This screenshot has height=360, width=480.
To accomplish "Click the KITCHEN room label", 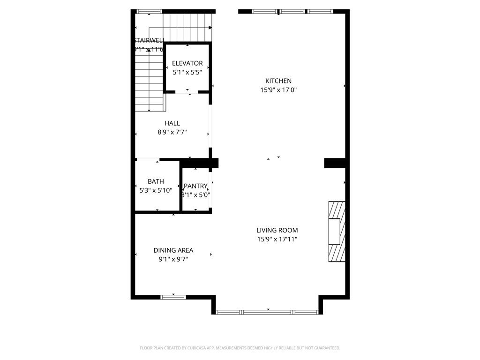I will click(279, 81).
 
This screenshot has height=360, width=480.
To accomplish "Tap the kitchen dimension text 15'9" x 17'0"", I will click(279, 90).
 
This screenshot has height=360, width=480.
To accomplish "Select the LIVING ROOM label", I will click(277, 230).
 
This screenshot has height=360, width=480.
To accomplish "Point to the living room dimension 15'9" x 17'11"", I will click(277, 239).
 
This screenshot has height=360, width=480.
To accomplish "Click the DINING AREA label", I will click(173, 250).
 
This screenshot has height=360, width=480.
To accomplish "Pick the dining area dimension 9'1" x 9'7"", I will click(173, 259).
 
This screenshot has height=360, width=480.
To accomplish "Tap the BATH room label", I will click(156, 181).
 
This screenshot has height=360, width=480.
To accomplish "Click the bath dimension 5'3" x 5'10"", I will click(156, 190).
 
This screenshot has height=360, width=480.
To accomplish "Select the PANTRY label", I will click(195, 186).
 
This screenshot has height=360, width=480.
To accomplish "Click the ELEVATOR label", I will click(187, 63).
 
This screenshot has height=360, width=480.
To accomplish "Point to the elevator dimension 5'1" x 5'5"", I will click(187, 72).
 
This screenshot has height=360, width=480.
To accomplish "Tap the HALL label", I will click(172, 123).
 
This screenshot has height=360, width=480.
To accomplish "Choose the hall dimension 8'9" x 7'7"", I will click(172, 132).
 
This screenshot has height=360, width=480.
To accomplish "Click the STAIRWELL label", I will click(149, 40).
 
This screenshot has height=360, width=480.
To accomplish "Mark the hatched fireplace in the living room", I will click(337, 232).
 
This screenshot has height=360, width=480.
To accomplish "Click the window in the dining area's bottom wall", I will click(173, 297).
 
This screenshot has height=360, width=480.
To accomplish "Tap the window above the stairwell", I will click(149, 11).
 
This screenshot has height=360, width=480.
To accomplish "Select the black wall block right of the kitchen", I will click(336, 163).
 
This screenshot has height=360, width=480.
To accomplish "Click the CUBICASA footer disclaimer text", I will click(240, 348).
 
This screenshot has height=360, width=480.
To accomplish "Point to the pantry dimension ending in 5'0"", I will click(196, 195).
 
